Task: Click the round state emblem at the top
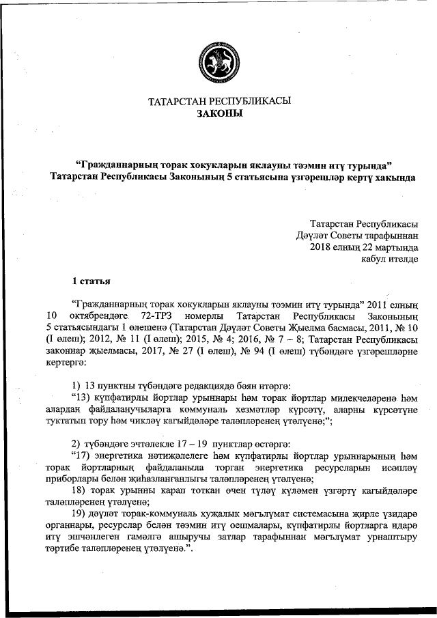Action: (x=218, y=61)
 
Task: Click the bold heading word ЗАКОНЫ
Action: (x=219, y=113)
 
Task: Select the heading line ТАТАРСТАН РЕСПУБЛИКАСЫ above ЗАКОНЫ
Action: (x=219, y=101)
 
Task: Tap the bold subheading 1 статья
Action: (x=91, y=281)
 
